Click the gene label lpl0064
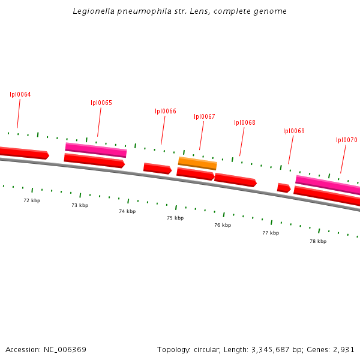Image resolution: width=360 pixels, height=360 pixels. [20, 95]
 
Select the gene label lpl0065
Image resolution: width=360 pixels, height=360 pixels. [101, 103]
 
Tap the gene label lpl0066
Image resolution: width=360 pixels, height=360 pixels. [166, 111]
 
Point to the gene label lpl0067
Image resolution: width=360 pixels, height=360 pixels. [205, 116]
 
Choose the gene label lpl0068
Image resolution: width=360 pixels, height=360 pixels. [245, 122]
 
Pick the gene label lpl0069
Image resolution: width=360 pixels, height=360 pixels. [294, 131]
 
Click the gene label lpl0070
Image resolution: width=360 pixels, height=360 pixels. [347, 140]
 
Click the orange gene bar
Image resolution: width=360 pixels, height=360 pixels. [197, 163]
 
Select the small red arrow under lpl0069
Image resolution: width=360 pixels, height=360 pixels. [284, 188]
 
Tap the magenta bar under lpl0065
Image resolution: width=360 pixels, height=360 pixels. [96, 149]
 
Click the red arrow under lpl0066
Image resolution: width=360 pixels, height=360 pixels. [157, 169]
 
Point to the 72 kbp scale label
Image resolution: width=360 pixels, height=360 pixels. [32, 200]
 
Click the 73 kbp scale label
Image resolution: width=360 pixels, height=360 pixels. [80, 205]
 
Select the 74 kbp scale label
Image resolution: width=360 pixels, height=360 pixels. [127, 211]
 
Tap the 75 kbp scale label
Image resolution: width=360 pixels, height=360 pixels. [175, 218]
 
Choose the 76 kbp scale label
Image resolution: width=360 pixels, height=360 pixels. [223, 225]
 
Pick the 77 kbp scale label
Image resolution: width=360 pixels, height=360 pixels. [271, 233]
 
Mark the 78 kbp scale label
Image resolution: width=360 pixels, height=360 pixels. [318, 241]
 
